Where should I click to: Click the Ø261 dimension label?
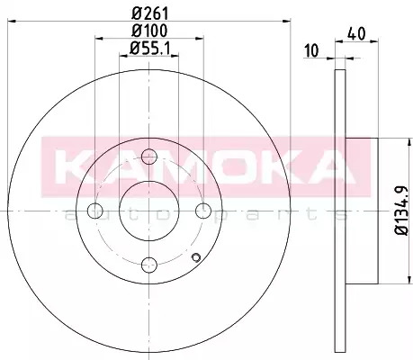[x=150, y=13]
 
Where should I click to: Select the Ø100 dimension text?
[x=149, y=31]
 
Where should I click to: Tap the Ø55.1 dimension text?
[x=149, y=48]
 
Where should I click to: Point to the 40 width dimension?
[x=356, y=33]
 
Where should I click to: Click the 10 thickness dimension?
[x=312, y=50]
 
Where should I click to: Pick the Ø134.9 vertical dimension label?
[x=401, y=211]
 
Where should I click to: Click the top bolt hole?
[x=149, y=157]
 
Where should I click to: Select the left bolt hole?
[x=95, y=211]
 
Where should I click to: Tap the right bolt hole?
[x=203, y=211]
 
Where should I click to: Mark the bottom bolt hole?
[x=149, y=265]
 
